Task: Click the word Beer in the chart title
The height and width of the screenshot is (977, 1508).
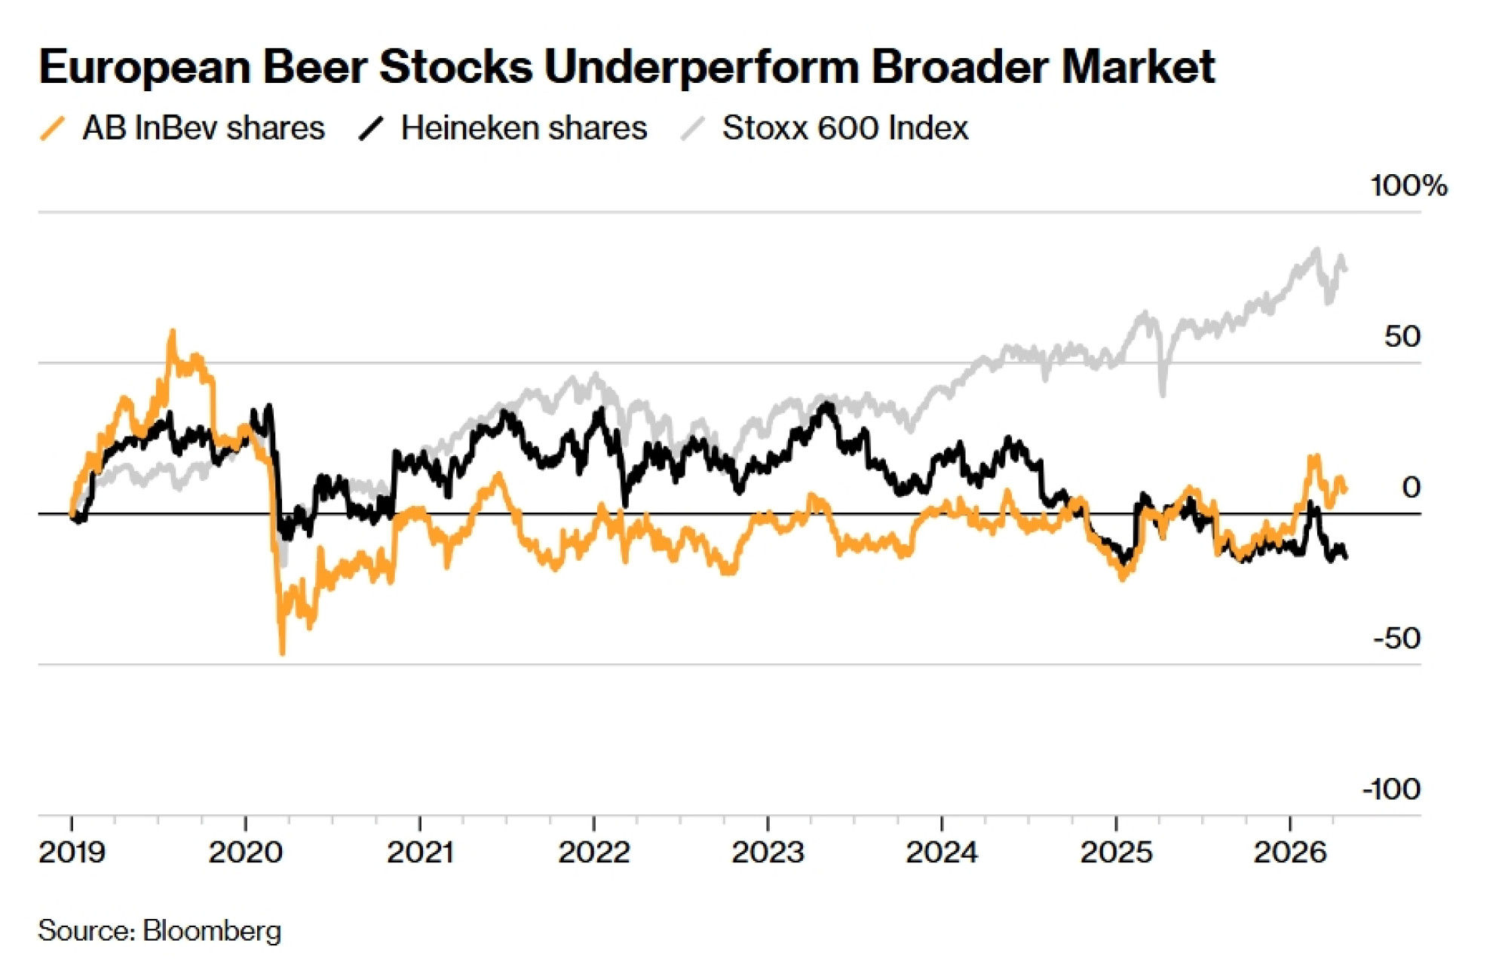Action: pos(315,67)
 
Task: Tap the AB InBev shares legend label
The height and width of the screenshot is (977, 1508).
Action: pos(204,128)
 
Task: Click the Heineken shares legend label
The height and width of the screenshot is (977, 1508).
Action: pos(524,128)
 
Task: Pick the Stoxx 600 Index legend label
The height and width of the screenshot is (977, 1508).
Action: pos(845,128)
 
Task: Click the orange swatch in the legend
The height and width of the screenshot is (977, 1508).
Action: pos(53,128)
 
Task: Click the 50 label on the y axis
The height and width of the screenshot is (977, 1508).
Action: pos(1402,337)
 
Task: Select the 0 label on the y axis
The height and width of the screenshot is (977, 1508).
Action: pos(1411,488)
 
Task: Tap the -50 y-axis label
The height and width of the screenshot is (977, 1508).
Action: pos(1397,639)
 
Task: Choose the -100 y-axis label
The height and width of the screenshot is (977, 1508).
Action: pos(1391,789)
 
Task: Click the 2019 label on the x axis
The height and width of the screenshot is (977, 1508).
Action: pos(72,853)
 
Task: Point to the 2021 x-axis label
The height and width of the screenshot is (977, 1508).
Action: pos(420,853)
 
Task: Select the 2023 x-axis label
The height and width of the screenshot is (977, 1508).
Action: pos(768,853)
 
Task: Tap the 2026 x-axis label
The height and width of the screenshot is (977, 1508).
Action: pos(1289,853)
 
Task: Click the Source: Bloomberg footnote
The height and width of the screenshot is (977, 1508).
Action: pos(159,931)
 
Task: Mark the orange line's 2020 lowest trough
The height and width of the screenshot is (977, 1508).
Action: pos(283,653)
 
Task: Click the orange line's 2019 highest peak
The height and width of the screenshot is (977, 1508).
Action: pos(173,331)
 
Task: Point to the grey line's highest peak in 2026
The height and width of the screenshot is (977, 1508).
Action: pos(1317,249)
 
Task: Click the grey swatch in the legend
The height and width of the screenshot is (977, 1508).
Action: pos(692,128)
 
